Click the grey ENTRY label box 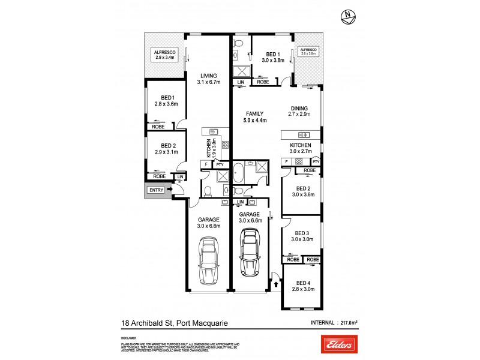click(156, 190)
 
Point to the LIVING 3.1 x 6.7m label click(208, 79)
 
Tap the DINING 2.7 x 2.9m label click(299, 112)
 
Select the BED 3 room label click(301, 236)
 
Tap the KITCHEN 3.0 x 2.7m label click(301, 149)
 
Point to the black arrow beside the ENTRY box click(170, 190)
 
